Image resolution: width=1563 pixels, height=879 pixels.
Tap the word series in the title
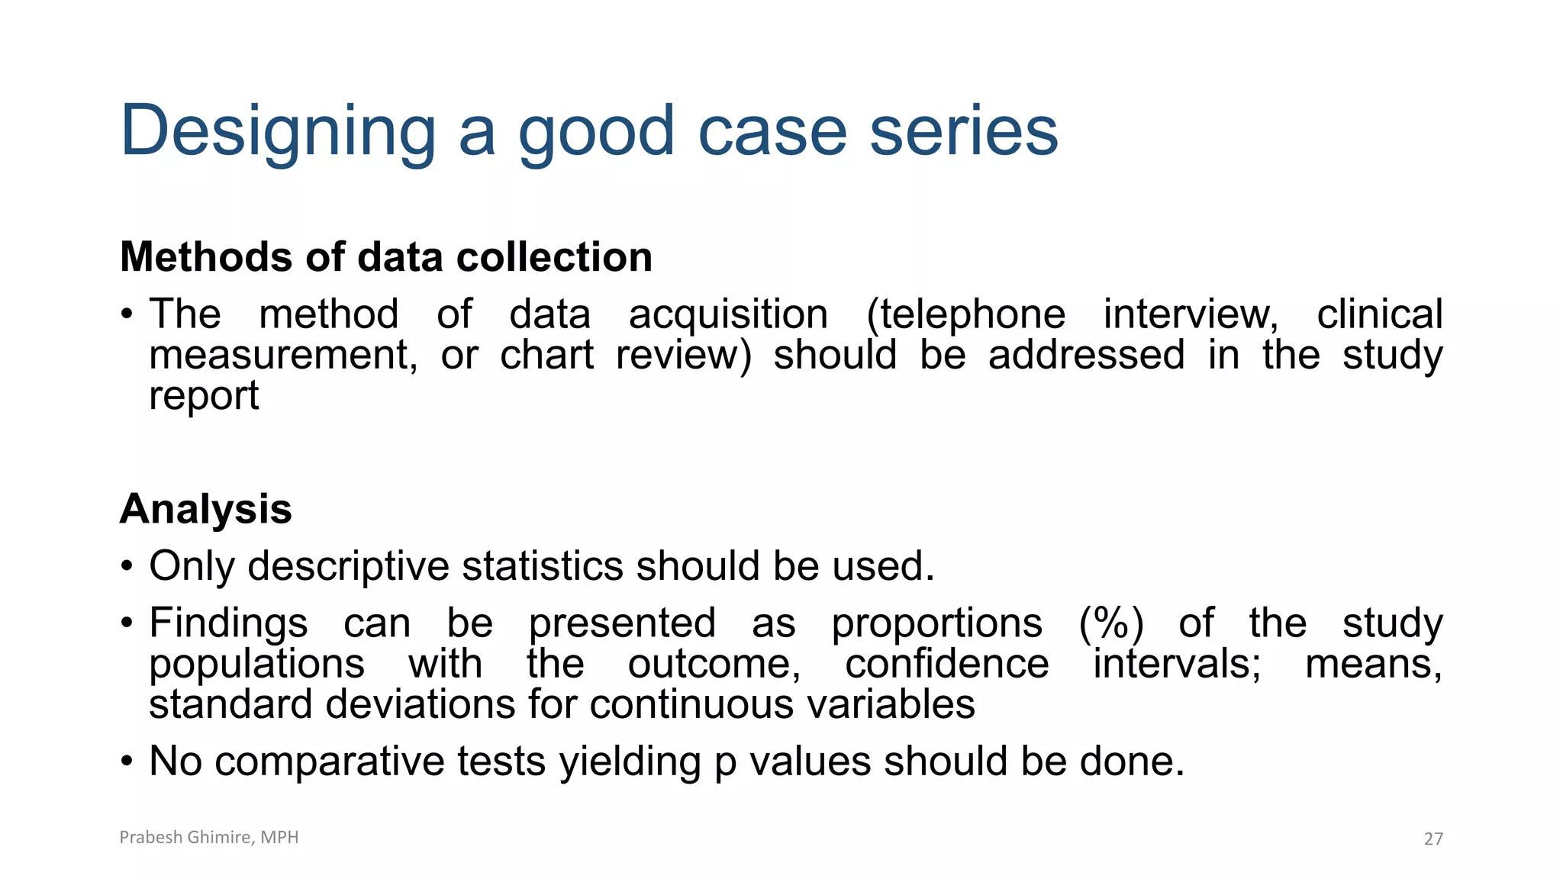click(x=963, y=131)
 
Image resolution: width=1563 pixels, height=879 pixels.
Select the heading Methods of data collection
click(x=386, y=257)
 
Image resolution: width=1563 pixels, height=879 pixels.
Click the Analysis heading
click(x=206, y=509)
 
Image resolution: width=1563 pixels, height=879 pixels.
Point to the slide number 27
click(x=1433, y=839)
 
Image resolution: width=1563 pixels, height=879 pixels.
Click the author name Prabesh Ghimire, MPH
click(x=209, y=837)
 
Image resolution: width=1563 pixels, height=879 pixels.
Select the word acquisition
click(x=728, y=314)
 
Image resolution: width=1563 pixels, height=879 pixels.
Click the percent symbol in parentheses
click(x=1111, y=623)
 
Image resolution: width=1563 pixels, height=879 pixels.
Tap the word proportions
click(x=936, y=623)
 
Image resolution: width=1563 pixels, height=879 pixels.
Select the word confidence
click(x=946, y=664)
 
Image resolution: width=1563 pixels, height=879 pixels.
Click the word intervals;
click(x=1176, y=664)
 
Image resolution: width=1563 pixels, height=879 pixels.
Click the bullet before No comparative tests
click(x=127, y=761)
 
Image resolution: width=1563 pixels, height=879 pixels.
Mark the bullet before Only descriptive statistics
click(x=127, y=567)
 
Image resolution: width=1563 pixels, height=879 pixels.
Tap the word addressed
click(x=1086, y=356)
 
